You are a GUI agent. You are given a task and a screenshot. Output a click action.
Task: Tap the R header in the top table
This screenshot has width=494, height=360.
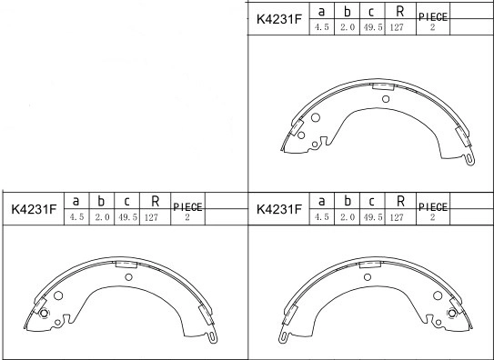[399, 12]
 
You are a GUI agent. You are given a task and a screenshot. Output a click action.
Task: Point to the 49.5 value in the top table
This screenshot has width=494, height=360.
[372, 28]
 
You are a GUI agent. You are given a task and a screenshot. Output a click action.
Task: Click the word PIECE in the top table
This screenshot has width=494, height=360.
[433, 16]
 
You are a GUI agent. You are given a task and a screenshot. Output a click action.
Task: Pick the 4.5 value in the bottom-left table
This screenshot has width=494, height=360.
[76, 217]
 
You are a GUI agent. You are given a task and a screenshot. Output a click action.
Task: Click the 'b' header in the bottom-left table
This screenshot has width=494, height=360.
[102, 202]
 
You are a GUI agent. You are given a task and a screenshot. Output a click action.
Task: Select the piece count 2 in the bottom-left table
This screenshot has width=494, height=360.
[187, 218]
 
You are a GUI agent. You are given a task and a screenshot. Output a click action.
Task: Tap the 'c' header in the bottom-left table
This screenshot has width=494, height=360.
[127, 202]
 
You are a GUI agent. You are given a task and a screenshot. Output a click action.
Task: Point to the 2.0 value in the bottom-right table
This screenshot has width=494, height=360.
[347, 217]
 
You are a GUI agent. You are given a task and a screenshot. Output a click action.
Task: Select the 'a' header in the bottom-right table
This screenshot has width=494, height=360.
[321, 201]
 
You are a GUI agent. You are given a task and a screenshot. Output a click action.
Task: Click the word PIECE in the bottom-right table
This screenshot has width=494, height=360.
[433, 206]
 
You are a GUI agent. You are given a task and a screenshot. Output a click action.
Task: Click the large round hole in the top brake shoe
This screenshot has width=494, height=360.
[315, 118]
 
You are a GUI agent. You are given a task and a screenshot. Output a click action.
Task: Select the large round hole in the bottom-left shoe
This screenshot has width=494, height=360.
[59, 296]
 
